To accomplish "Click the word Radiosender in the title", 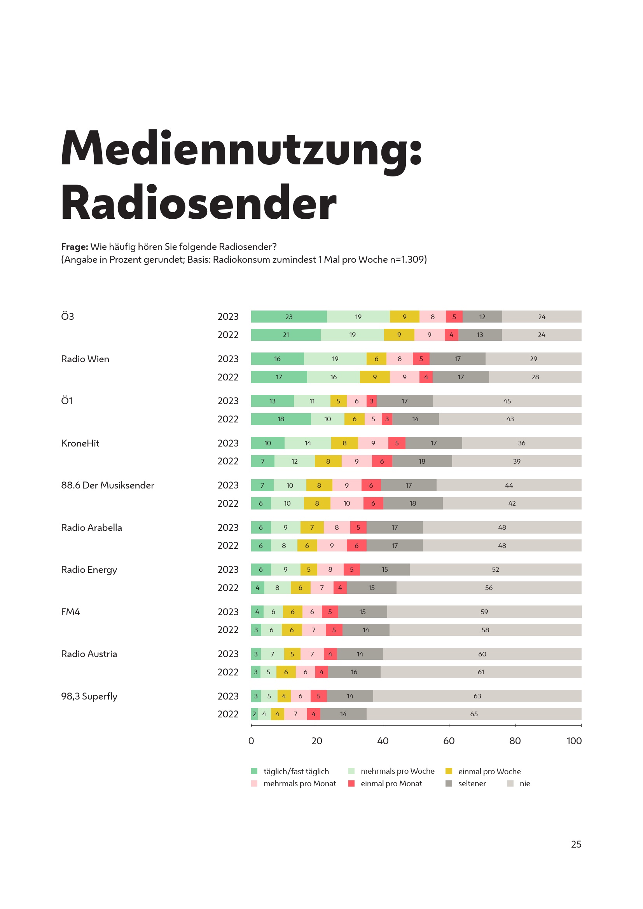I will tap(198, 203).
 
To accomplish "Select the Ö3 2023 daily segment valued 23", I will tap(288, 317).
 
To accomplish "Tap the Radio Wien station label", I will tap(85, 359).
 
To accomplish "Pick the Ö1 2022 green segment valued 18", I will tap(281, 419).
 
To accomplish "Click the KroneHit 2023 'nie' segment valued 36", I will tap(521, 443).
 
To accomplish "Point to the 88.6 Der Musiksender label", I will tap(107, 485).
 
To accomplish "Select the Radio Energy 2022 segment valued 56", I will tap(489, 588).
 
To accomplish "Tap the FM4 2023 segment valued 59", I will tap(484, 612).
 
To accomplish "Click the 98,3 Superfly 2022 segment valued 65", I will tap(474, 714).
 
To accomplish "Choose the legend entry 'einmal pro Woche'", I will tap(489, 771).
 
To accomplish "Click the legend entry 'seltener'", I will tap(472, 783).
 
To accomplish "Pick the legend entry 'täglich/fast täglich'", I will tap(296, 771).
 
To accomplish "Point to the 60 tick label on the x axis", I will tap(449, 741).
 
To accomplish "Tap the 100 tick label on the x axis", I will tap(574, 741).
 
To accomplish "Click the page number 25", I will tap(576, 844).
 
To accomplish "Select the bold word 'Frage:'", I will tap(74, 247).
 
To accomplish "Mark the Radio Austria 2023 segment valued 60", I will tap(482, 654).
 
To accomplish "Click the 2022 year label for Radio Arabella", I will tap(228, 546).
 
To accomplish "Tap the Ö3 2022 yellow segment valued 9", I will tap(399, 335).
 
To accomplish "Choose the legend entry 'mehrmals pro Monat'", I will tap(299, 783).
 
